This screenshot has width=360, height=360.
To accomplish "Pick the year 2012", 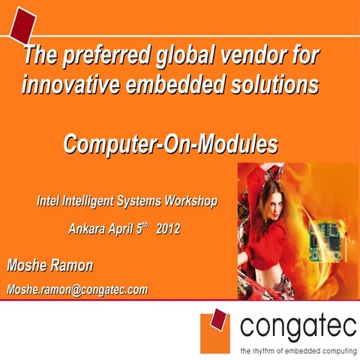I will click(x=168, y=227).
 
